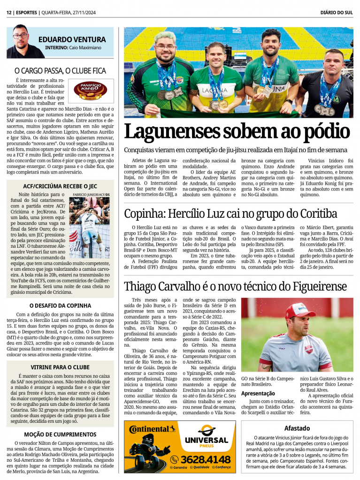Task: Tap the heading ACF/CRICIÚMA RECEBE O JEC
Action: click(61, 186)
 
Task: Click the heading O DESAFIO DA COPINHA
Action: click(60, 305)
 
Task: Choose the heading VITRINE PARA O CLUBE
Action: click(60, 367)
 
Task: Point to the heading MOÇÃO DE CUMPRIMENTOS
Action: click(60, 434)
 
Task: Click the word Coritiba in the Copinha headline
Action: click(313, 214)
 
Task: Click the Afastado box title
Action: click(297, 428)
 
